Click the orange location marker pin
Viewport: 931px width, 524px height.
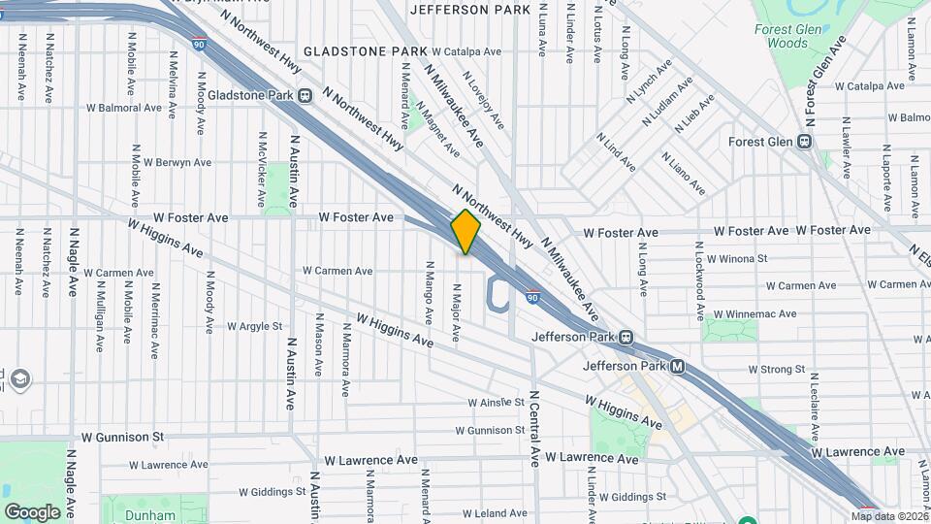(x=466, y=232)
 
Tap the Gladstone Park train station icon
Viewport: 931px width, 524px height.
(x=305, y=95)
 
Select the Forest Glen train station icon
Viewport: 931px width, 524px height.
(x=803, y=142)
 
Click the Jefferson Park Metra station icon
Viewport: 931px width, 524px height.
(x=626, y=338)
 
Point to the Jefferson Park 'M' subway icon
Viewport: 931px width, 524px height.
(x=678, y=367)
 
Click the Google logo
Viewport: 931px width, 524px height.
(x=32, y=511)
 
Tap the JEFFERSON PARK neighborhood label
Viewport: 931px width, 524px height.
(x=470, y=10)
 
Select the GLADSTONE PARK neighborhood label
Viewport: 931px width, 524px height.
(x=364, y=50)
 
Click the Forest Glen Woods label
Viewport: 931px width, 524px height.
(x=782, y=36)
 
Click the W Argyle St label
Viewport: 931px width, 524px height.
(x=251, y=327)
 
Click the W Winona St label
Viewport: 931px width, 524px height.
(x=737, y=259)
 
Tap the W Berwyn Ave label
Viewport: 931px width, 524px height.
(x=177, y=162)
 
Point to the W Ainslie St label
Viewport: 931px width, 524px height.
(x=496, y=402)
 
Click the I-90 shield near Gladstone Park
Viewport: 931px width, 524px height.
(x=198, y=45)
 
